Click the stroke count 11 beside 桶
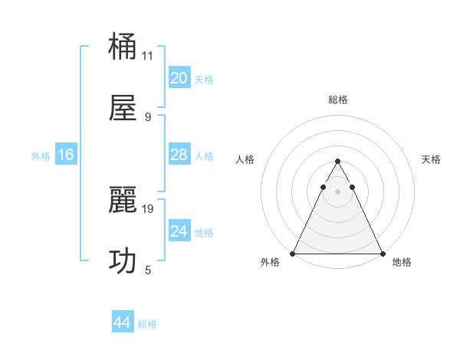click(x=148, y=56)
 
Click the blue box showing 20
click(x=179, y=78)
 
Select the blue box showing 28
click(x=179, y=155)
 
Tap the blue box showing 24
click(x=179, y=231)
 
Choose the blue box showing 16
click(x=66, y=155)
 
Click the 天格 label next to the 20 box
click(x=204, y=80)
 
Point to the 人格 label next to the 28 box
click(x=204, y=156)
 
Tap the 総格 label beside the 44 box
click(x=147, y=324)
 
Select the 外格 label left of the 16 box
click(x=41, y=156)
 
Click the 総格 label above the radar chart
click(x=337, y=100)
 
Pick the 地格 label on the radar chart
click(x=402, y=262)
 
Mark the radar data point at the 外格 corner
click(x=294, y=253)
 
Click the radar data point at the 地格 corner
click(x=382, y=253)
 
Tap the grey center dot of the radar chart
click(x=337, y=191)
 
